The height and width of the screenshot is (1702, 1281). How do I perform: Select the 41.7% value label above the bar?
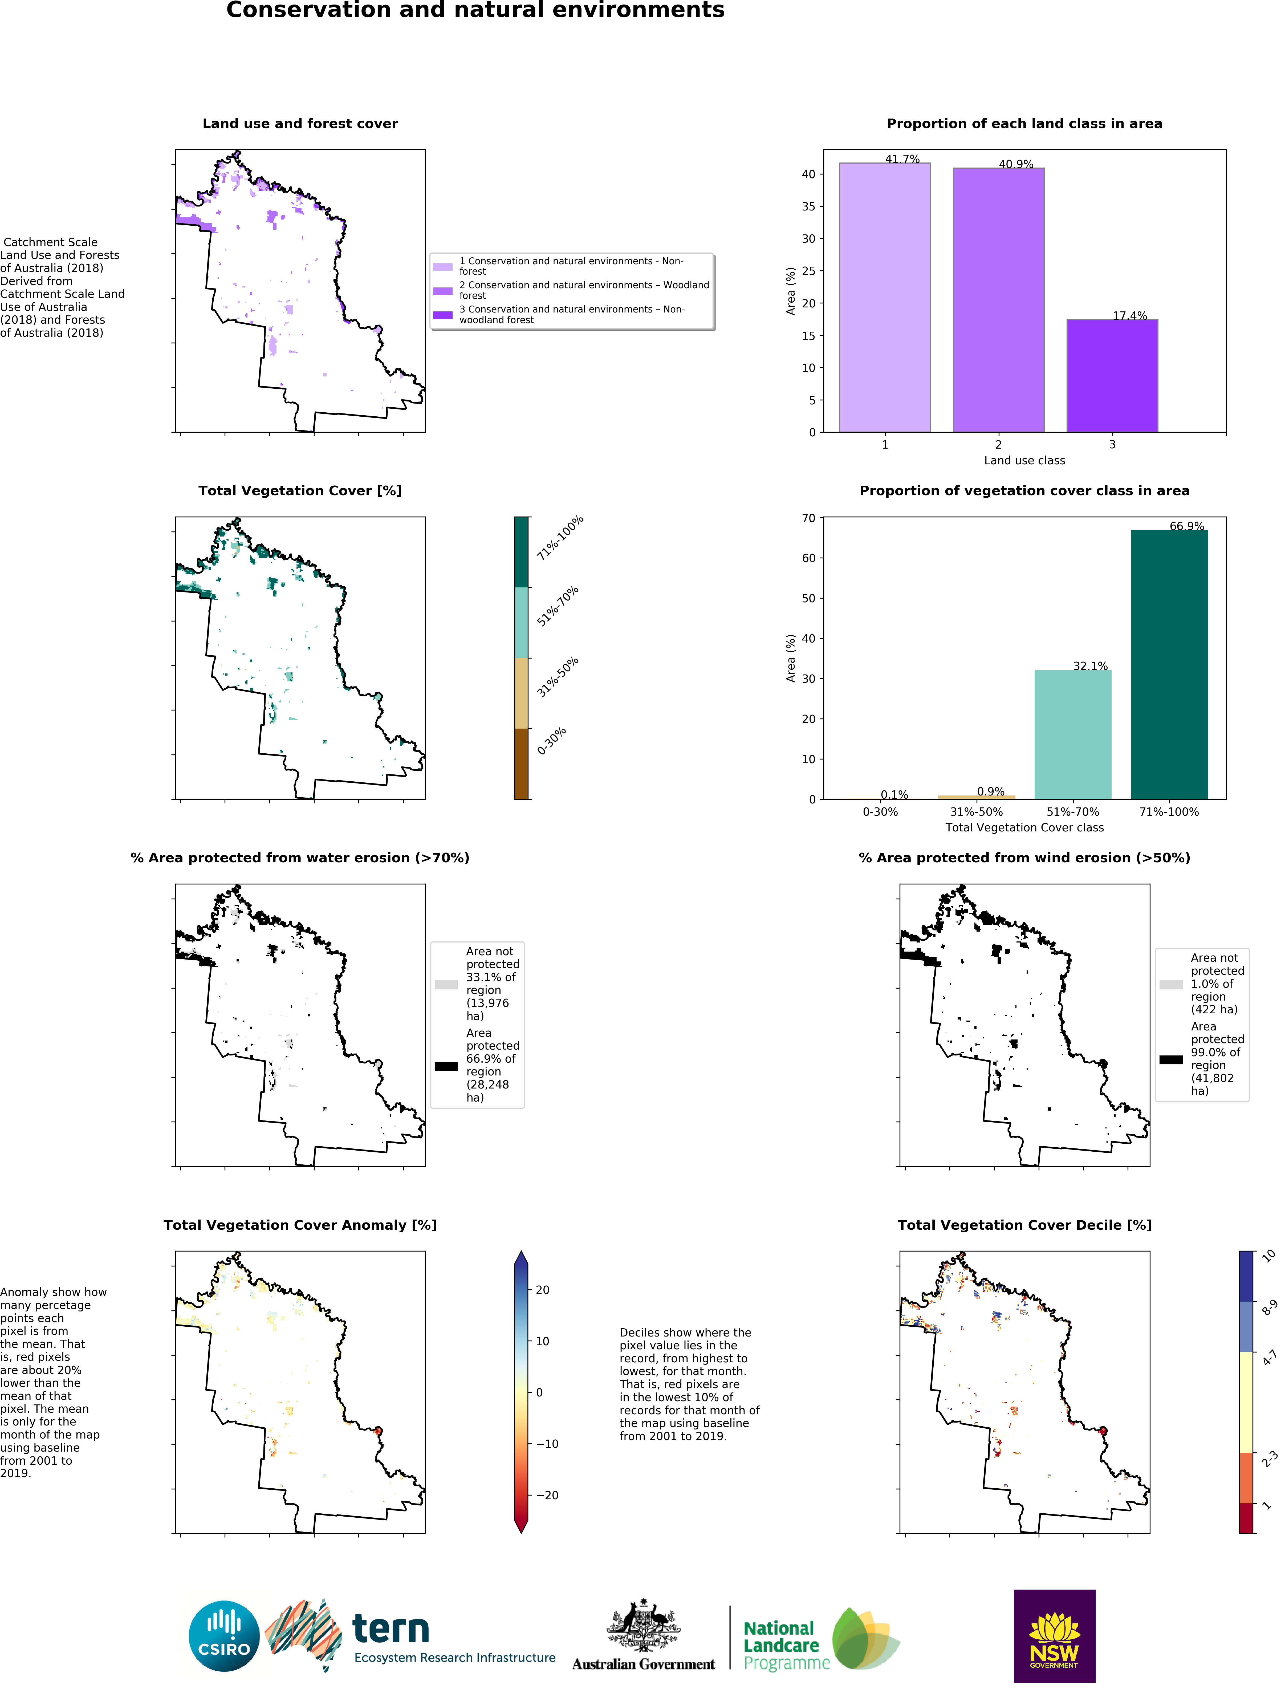tap(902, 159)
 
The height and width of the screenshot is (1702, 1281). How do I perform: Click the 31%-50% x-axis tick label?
tap(975, 812)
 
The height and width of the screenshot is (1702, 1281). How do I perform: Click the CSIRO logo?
tap(224, 1636)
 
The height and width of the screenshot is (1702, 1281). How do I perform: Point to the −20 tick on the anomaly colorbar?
tap(546, 1495)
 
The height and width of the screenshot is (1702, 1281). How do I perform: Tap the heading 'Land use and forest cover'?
tap(300, 124)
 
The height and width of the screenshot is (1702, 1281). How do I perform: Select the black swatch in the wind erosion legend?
tap(1170, 1059)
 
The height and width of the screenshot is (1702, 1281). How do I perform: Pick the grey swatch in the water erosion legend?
tap(445, 984)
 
